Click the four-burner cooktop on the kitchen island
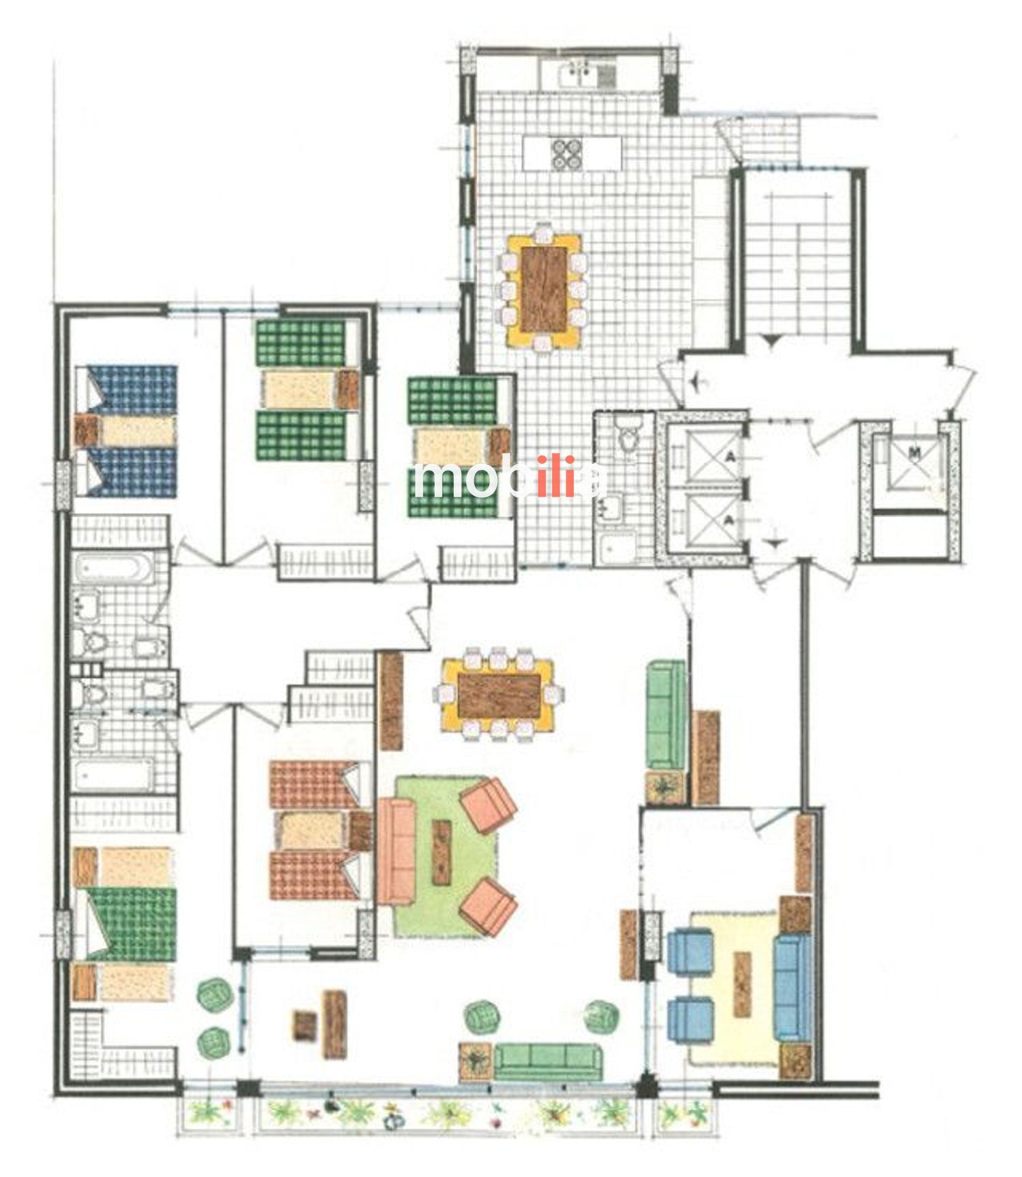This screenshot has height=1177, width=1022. tap(568, 153)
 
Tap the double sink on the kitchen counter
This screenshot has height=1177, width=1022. tap(580, 74)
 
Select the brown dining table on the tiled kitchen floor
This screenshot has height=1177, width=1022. tap(544, 289)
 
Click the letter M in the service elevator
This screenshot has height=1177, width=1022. tap(916, 452)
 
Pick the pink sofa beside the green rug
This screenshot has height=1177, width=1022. tap(397, 852)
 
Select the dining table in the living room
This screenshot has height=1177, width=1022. tap(499, 695)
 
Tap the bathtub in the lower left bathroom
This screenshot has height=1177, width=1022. tap(113, 775)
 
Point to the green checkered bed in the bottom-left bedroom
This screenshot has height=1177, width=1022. tap(129, 924)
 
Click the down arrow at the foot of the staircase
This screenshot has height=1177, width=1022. tap(771, 340)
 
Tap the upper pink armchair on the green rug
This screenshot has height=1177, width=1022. tap(489, 805)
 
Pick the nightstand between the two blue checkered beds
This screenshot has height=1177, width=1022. tap(87, 430)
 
